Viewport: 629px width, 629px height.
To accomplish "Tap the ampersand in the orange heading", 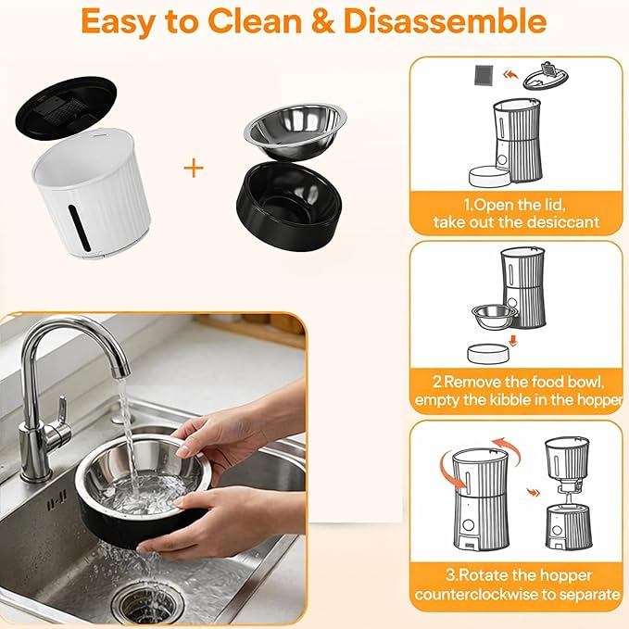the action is (x=322, y=21).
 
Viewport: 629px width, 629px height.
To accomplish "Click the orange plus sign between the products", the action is (x=194, y=168).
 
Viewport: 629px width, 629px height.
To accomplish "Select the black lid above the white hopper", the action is (x=66, y=108).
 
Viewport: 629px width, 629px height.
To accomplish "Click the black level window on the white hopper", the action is (x=79, y=226).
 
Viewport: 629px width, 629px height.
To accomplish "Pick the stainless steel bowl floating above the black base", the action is (x=295, y=131).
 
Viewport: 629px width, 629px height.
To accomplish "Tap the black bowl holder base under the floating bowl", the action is (x=290, y=207).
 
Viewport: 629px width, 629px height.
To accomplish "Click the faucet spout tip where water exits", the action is (x=121, y=373).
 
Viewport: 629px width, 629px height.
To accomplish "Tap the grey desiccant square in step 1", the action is (x=486, y=75).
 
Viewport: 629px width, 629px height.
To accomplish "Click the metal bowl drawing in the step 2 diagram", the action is (x=495, y=318).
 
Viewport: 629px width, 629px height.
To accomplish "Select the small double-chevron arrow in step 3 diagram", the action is (x=533, y=492).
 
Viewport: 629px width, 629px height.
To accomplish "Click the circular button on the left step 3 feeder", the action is (x=468, y=524).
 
